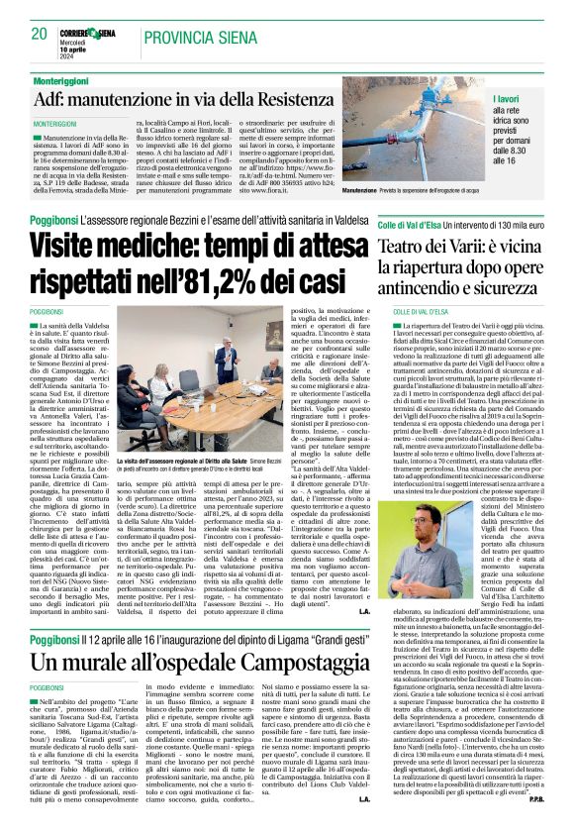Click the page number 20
(x=39, y=33)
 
